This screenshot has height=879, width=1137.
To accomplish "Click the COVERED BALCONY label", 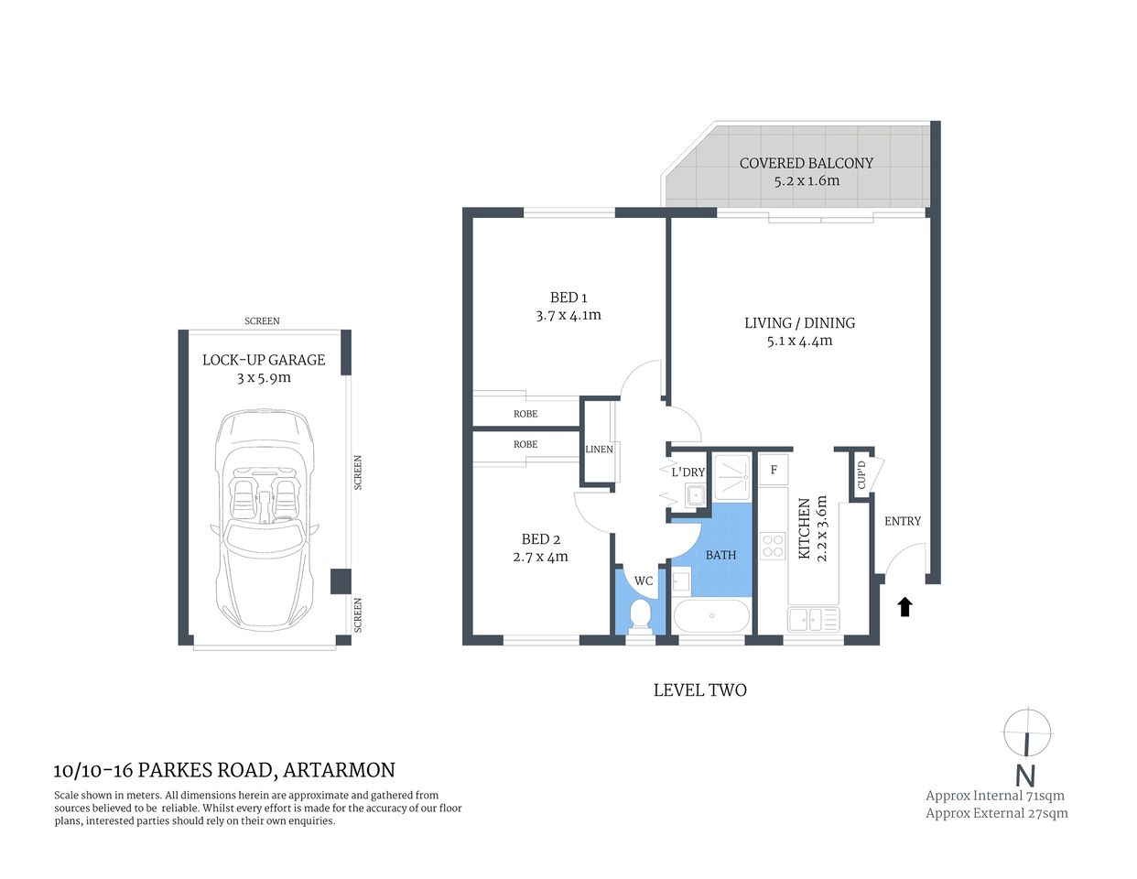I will (x=806, y=163).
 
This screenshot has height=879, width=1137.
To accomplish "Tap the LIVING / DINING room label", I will (x=799, y=323).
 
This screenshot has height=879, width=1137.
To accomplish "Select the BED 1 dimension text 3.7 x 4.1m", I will (x=568, y=315).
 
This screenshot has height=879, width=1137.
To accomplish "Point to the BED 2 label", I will (x=540, y=539).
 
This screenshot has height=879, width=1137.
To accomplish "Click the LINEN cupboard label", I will (x=599, y=450).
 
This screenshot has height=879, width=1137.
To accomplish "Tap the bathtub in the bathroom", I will (x=711, y=616).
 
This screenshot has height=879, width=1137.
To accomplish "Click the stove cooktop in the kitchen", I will (x=773, y=546).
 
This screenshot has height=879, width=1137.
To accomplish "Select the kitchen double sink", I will (x=813, y=620).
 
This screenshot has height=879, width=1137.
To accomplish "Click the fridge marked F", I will (x=774, y=471).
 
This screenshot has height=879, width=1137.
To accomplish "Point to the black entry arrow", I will (x=904, y=606).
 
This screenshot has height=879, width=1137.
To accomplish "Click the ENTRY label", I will (x=902, y=521).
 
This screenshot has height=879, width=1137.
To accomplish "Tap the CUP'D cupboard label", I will (x=861, y=476).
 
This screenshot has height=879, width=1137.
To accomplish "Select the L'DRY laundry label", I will (x=688, y=472).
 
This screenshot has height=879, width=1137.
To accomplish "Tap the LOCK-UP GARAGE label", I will (x=264, y=360).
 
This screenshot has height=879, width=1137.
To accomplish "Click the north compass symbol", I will (x=1026, y=733).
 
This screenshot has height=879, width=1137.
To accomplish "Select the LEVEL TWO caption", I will (x=699, y=690).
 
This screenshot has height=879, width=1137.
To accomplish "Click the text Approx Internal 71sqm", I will (x=994, y=796).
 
